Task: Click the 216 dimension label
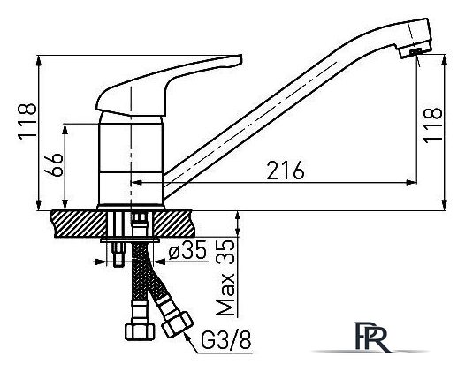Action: point(286,171)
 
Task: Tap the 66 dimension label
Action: point(53,165)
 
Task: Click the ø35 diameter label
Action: point(187,250)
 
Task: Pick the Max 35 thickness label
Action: point(225,277)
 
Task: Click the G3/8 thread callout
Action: point(226,340)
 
